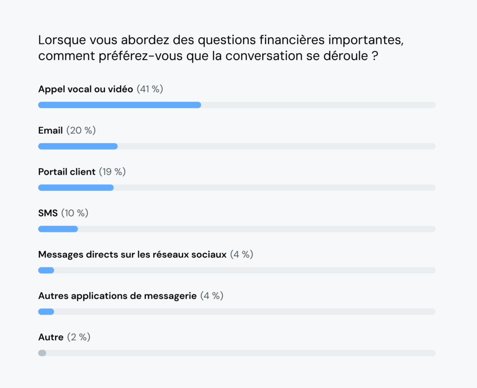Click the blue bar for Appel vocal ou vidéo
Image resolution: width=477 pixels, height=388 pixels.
[119, 105]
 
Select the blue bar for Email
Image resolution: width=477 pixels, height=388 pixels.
[78, 146]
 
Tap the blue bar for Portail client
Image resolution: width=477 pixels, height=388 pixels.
[76, 187]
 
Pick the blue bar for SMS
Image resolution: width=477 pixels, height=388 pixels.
[58, 229]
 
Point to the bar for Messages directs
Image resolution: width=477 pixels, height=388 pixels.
[46, 270]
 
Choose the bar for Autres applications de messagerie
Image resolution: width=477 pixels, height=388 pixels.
[46, 311]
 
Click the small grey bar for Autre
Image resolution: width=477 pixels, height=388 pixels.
[42, 353]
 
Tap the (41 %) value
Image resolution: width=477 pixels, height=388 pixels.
[150, 89]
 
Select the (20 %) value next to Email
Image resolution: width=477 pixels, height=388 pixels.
[81, 130]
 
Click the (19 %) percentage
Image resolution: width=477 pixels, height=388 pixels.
[112, 172]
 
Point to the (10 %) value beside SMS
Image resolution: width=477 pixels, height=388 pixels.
[75, 213]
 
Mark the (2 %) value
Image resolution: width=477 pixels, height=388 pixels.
[78, 337]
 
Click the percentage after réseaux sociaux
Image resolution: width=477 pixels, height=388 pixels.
[241, 254]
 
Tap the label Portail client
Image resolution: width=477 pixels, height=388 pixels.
[67, 172]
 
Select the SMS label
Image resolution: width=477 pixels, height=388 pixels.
[48, 213]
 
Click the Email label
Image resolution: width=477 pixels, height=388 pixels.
[50, 130]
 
